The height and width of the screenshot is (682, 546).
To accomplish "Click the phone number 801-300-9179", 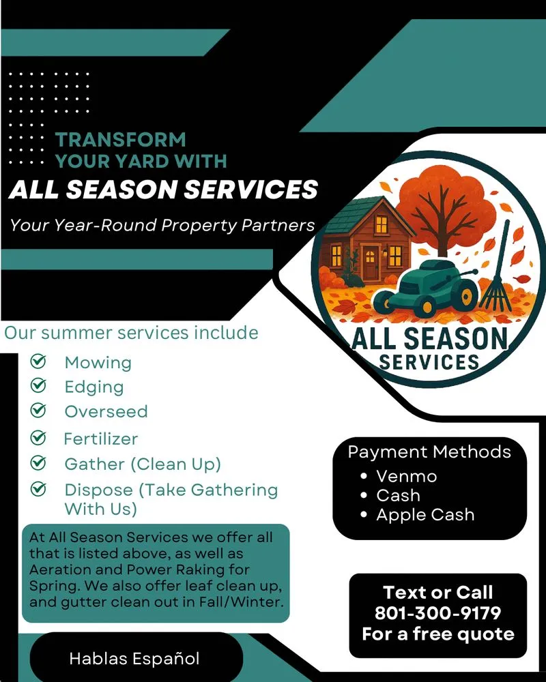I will tap(437, 612).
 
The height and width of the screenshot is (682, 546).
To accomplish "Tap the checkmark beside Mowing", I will tap(39, 361).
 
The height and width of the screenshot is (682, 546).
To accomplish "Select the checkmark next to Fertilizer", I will tap(39, 437).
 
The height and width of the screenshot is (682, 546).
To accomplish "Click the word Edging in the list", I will tap(94, 387).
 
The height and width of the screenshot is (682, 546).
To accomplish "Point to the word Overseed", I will tap(106, 411).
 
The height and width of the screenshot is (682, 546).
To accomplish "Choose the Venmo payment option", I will tap(406, 475).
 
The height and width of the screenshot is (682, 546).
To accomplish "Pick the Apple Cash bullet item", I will tap(425, 514).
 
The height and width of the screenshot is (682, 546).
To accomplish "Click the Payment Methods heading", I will tap(429, 451).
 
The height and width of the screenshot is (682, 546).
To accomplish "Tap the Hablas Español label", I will tap(134, 658).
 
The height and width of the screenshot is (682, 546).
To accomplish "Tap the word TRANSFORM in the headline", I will tap(120, 140).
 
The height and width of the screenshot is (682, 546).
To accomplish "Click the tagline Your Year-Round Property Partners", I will tap(162, 224).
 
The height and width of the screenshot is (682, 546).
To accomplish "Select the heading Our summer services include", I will tap(131, 333).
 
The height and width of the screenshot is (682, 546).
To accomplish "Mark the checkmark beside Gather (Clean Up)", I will tap(39, 463).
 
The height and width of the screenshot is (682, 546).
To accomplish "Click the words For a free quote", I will tap(437, 634).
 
